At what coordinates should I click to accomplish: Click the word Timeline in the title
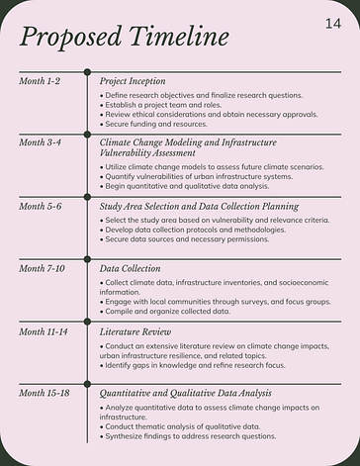178,38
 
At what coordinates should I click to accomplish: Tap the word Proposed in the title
71,38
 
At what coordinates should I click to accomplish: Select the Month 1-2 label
40,80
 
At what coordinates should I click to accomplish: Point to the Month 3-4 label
40,142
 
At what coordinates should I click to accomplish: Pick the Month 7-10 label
42,268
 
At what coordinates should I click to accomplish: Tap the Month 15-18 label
44,393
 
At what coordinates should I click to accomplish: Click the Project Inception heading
133,80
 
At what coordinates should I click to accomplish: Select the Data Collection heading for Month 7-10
130,268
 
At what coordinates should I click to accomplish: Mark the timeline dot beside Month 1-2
87,71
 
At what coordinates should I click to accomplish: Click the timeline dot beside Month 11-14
87,322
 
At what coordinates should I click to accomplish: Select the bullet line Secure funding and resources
155,125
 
